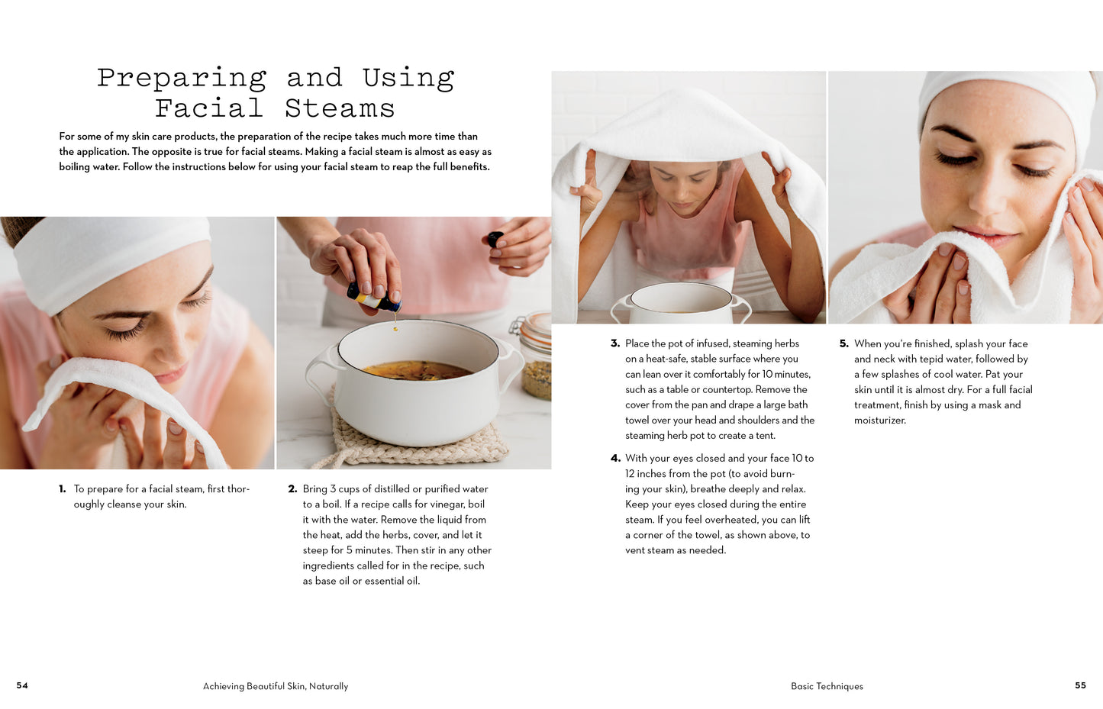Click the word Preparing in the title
pos(182,79)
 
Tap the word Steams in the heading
pos(340,109)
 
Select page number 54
pos(22,685)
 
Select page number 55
pos(1080,685)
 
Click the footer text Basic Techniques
pos(827,686)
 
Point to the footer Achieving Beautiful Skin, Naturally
pos(276,686)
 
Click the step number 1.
pos(63,489)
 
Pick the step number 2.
pos(292,489)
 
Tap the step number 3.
pos(614,343)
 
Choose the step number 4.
pos(615,459)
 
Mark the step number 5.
pos(843,343)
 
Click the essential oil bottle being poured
pos(373,298)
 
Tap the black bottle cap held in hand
pos(495,239)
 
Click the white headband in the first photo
pos(107,259)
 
